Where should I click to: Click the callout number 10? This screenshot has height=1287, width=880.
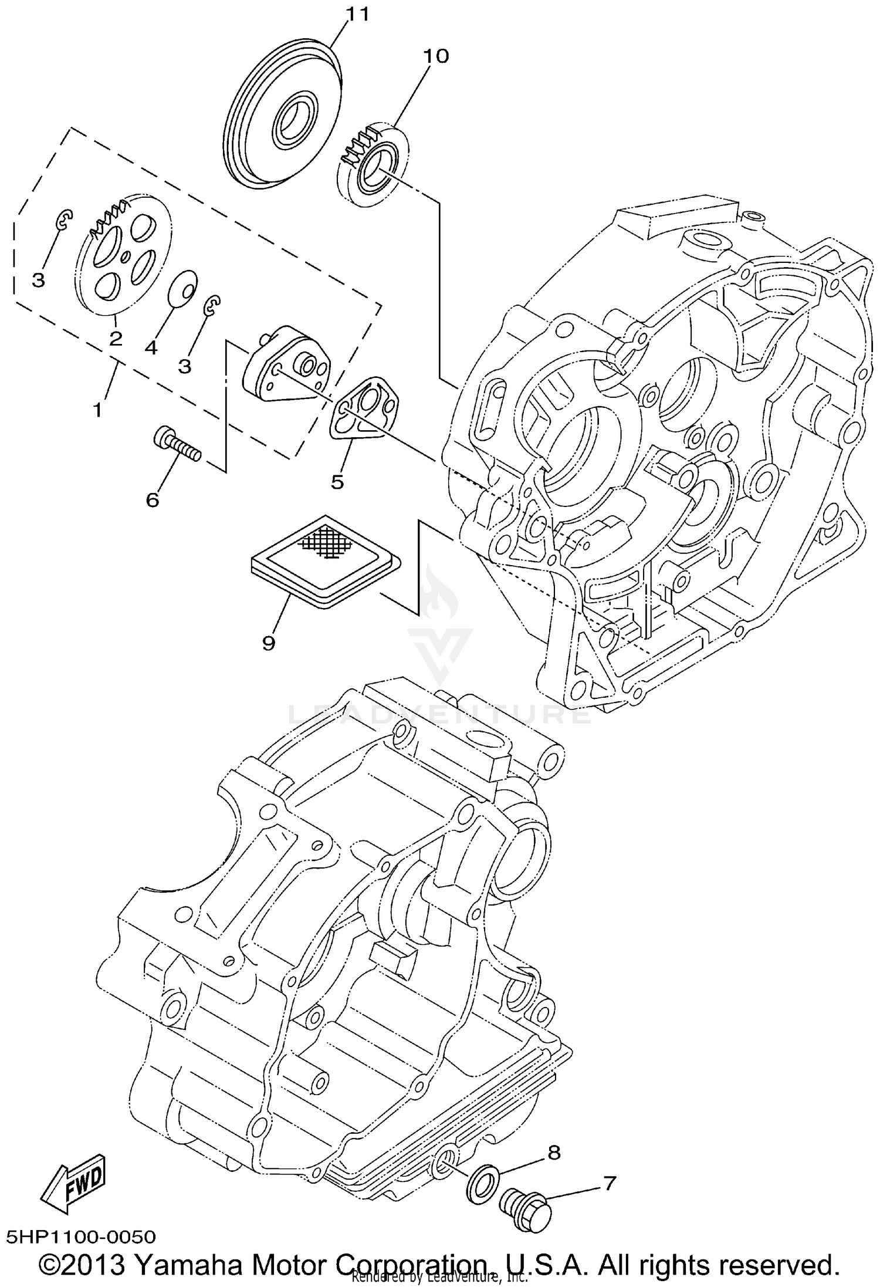click(436, 56)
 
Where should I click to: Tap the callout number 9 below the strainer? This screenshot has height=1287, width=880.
click(268, 643)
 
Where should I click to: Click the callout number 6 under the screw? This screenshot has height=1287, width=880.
click(152, 500)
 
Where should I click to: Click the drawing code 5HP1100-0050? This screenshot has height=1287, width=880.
click(81, 1237)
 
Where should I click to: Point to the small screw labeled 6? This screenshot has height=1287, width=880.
click(176, 446)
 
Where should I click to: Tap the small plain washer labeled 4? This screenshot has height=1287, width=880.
click(182, 288)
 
